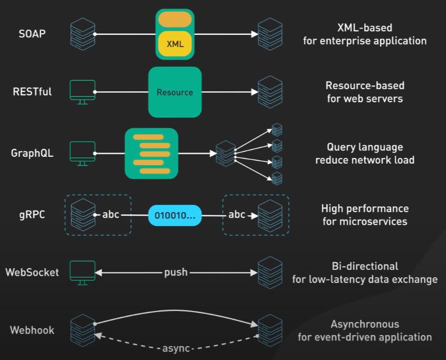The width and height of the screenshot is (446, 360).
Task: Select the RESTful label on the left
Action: tap(32, 92)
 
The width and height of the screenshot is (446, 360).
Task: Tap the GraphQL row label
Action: tap(32, 154)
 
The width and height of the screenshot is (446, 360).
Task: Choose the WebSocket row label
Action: tap(32, 273)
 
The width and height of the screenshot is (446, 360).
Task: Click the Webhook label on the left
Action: tap(32, 330)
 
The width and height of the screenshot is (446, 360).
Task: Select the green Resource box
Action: tap(175, 92)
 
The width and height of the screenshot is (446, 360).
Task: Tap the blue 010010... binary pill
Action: tap(175, 215)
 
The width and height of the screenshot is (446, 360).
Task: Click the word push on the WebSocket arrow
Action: tap(175, 273)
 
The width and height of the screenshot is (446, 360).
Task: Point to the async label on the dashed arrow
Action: tap(175, 348)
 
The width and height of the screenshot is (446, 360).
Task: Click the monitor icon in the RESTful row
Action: tap(82, 91)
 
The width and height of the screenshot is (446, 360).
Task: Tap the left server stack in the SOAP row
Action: tap(82, 34)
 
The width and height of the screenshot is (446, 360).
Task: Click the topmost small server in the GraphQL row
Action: tap(276, 129)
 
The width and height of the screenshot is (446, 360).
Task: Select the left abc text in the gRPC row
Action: tap(110, 215)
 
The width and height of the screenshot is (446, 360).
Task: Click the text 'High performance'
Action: tap(365, 209)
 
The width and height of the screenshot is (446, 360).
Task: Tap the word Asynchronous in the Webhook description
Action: tap(365, 324)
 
